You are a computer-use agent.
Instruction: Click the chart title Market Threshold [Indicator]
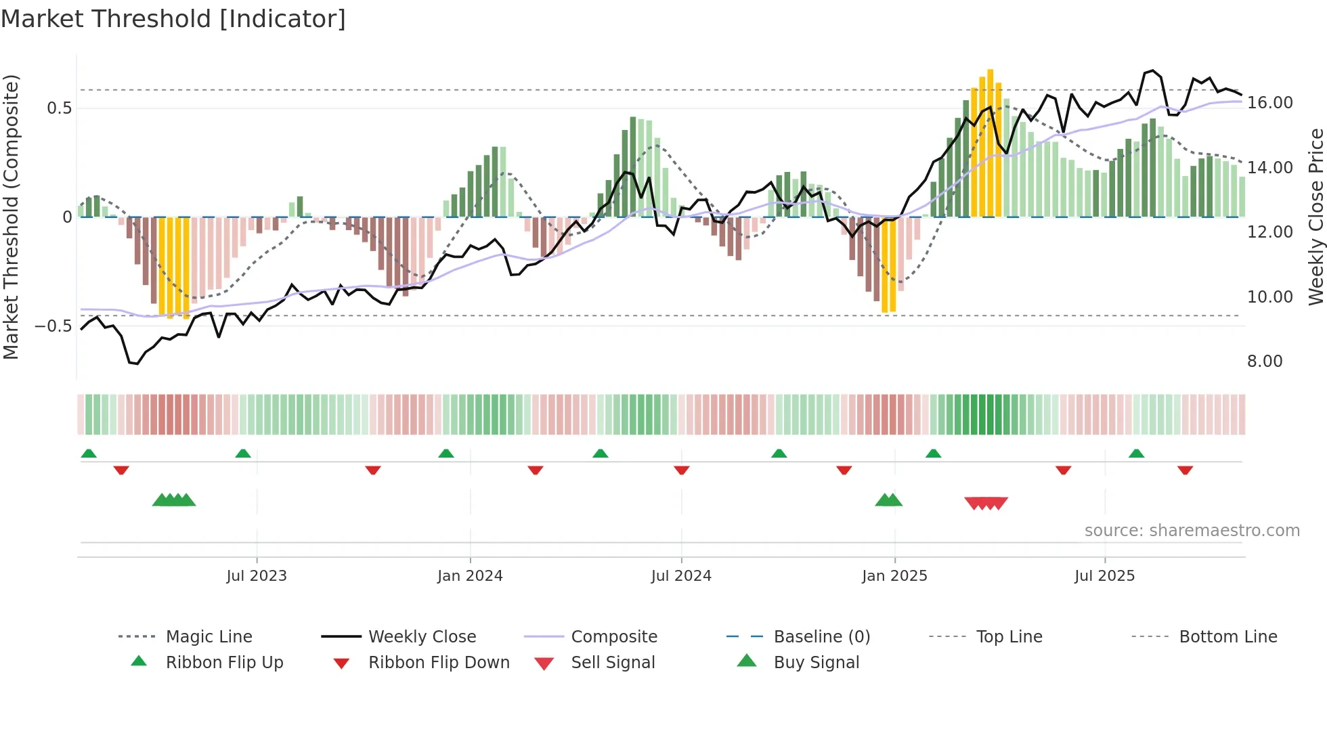(173, 19)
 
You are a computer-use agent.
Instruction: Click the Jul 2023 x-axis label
(257, 576)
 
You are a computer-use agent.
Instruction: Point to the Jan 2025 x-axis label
(894, 576)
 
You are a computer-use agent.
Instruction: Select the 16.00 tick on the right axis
(1269, 103)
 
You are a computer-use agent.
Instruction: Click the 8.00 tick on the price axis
(1265, 361)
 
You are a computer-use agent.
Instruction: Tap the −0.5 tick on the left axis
(53, 326)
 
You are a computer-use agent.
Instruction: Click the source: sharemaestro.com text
(1192, 531)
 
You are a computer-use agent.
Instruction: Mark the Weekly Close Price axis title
(1315, 217)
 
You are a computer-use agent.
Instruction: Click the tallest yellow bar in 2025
(990, 142)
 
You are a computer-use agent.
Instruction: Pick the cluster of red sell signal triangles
(986, 503)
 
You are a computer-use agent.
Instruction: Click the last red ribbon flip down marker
(1185, 470)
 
